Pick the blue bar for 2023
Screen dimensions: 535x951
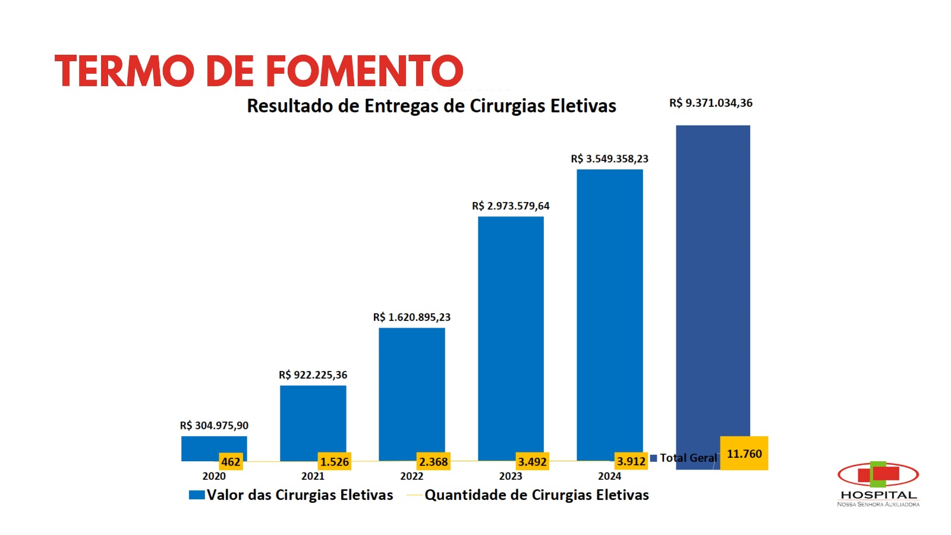(x=511, y=333)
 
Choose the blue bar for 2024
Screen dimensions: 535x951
(x=609, y=309)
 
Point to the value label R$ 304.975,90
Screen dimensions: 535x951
(x=214, y=426)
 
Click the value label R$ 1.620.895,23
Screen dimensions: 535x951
(x=411, y=317)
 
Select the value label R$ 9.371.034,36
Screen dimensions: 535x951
(x=710, y=103)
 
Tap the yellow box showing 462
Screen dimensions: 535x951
(x=231, y=462)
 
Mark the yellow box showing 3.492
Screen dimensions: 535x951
(x=532, y=462)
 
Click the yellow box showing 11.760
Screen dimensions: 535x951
(x=744, y=454)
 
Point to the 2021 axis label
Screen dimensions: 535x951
(x=313, y=476)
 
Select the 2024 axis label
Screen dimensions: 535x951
(x=609, y=476)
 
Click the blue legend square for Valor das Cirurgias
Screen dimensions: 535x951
(x=197, y=495)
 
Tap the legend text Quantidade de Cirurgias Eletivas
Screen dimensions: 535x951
(x=536, y=495)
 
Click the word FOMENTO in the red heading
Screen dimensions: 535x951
(x=364, y=71)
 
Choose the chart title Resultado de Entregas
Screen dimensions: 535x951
(x=431, y=106)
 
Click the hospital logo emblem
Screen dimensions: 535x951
(x=878, y=474)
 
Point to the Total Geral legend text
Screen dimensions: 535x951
(x=688, y=458)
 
